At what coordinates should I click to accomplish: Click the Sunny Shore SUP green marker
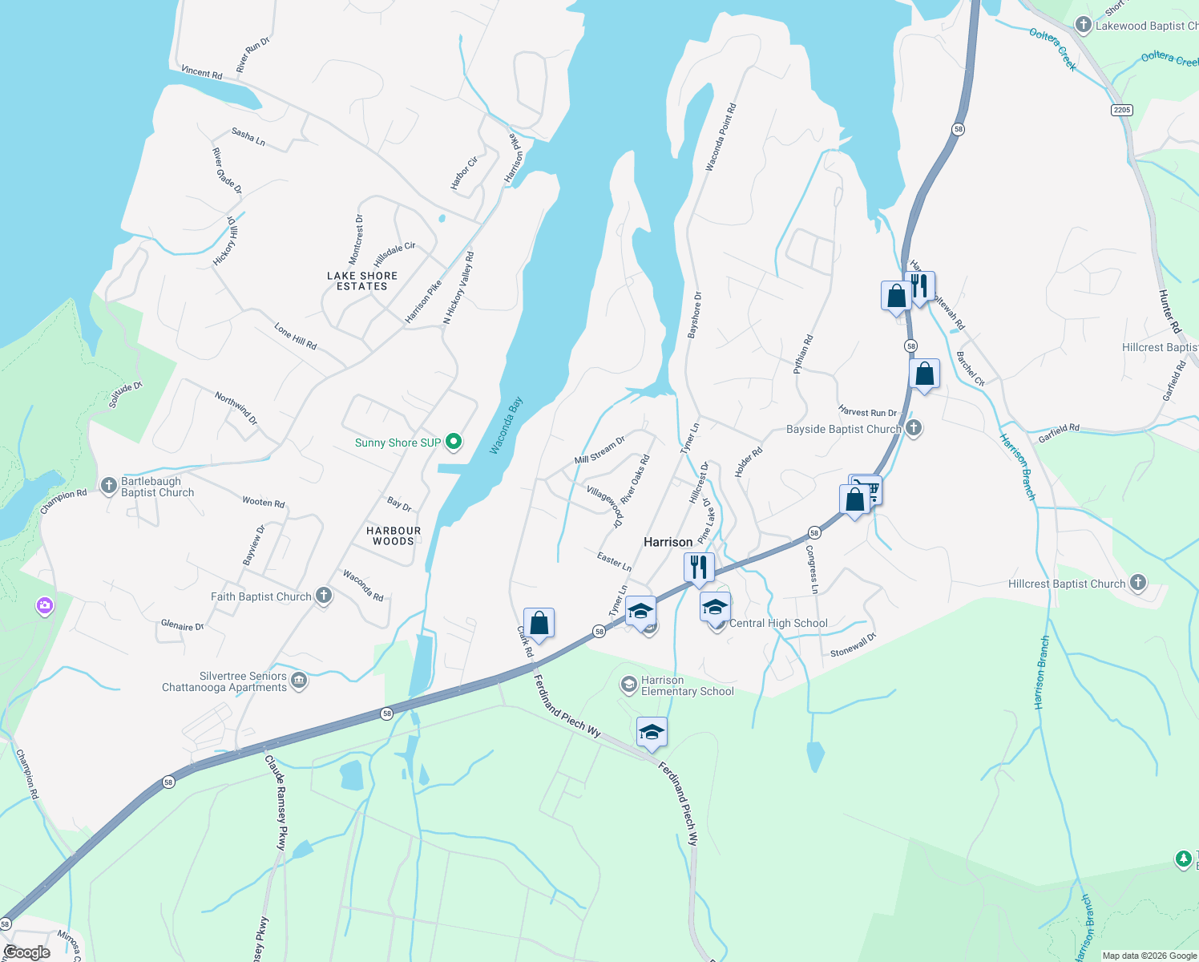(454, 442)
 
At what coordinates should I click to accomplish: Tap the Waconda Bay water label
(505, 426)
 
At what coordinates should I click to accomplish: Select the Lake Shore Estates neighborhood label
(362, 281)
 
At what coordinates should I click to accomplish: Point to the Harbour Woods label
(394, 536)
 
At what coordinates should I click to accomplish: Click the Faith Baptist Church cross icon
(324, 596)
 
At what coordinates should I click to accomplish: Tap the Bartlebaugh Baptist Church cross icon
(109, 485)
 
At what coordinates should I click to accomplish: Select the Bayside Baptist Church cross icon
(913, 428)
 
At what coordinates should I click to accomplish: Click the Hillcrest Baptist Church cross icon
(1137, 583)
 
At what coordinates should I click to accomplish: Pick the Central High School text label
(778, 623)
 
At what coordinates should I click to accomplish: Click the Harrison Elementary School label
(687, 685)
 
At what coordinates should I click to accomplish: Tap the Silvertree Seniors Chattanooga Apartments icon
(299, 681)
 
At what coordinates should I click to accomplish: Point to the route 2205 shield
(1122, 110)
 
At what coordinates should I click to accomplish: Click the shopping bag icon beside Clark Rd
(539, 623)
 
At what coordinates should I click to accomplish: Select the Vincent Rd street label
(201, 72)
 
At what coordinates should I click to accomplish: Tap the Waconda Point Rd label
(720, 137)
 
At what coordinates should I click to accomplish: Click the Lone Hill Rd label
(295, 337)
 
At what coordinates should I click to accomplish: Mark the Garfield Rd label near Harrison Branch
(1058, 434)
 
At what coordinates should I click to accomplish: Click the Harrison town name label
(668, 542)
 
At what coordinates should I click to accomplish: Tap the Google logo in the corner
(26, 952)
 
